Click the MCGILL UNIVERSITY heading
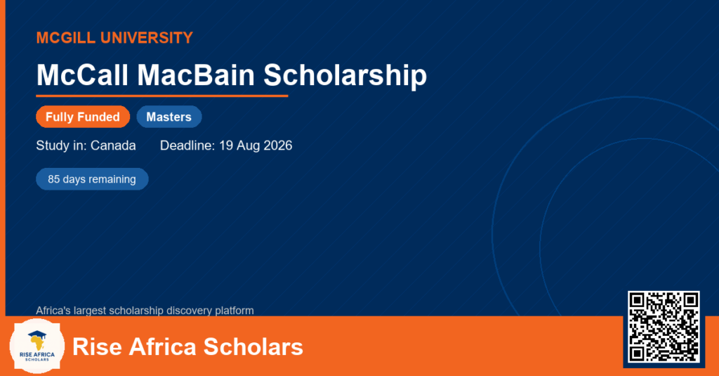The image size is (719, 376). [114, 38]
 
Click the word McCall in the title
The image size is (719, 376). [82, 74]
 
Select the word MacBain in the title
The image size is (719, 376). [196, 74]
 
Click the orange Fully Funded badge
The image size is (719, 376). [83, 117]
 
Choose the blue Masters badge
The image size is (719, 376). [169, 117]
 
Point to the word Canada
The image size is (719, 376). [113, 145]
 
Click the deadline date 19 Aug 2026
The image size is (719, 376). [256, 145]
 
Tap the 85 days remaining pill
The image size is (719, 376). [92, 179]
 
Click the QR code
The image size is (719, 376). [664, 327]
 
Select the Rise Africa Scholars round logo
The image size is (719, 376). [37, 346]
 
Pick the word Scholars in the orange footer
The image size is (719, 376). [253, 346]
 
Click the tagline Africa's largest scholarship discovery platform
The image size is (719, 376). [145, 311]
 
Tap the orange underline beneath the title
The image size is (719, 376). [162, 96]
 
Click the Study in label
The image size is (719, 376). [62, 145]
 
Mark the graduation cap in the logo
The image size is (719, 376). [37, 335]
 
